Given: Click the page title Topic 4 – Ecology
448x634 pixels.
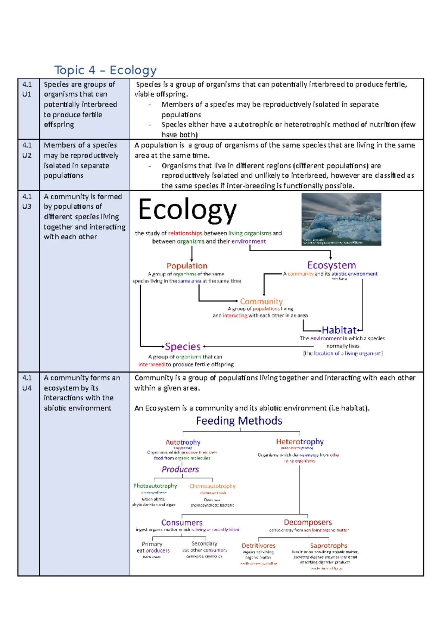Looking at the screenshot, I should (x=105, y=70).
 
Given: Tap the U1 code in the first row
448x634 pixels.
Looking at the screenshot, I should (x=27, y=94).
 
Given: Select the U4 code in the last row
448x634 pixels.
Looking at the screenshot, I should (x=27, y=388).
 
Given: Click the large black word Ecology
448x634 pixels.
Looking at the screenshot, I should (x=187, y=210).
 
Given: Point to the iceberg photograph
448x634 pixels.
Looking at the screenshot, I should (x=341, y=219).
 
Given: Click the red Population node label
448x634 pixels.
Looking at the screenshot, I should (x=187, y=266).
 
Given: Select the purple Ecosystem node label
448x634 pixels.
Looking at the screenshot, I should (x=332, y=265).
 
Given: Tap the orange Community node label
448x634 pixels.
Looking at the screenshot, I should (x=261, y=301).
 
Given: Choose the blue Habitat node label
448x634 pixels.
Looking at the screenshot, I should (x=339, y=330).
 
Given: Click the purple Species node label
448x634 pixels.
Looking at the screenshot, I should (x=183, y=346).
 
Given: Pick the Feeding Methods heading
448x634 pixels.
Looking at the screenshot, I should (x=239, y=421).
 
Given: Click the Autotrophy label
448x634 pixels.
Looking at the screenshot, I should (x=183, y=442).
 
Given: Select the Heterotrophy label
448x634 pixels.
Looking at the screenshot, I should (x=300, y=442).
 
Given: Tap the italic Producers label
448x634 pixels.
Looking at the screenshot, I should (x=180, y=469).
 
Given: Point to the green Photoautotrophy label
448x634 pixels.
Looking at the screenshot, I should (x=155, y=486).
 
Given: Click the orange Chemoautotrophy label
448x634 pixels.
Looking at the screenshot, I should (x=212, y=486).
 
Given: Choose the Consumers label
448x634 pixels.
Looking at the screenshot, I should (x=182, y=523).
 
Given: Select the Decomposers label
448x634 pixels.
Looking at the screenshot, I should (x=308, y=522).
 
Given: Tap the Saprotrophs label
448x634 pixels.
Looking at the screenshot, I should (x=329, y=546).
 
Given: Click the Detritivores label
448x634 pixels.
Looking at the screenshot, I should (x=258, y=546).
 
